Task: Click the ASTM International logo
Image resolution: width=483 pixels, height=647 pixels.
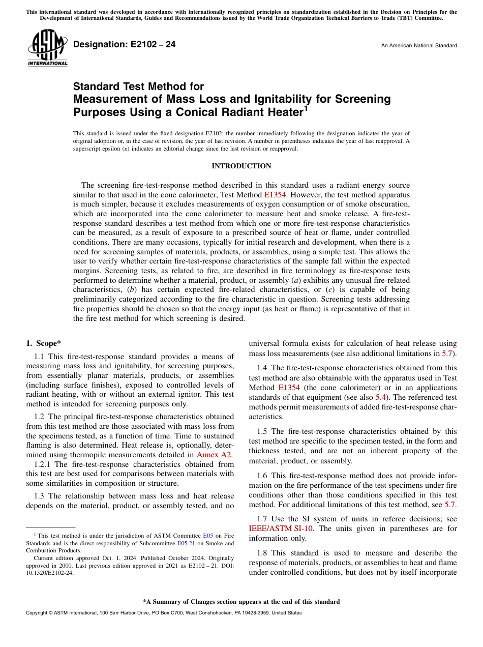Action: pyautogui.click(x=47, y=47)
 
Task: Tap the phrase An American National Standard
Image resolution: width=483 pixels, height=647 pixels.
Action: pyautogui.click(x=418, y=46)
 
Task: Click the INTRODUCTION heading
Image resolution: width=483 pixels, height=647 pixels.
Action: pyautogui.click(x=241, y=166)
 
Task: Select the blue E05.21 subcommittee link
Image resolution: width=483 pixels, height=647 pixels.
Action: pyautogui.click(x=186, y=543)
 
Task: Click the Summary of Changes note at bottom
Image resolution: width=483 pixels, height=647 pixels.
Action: pyautogui.click(x=241, y=602)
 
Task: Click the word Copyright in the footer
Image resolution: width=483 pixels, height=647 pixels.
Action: pyautogui.click(x=39, y=613)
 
